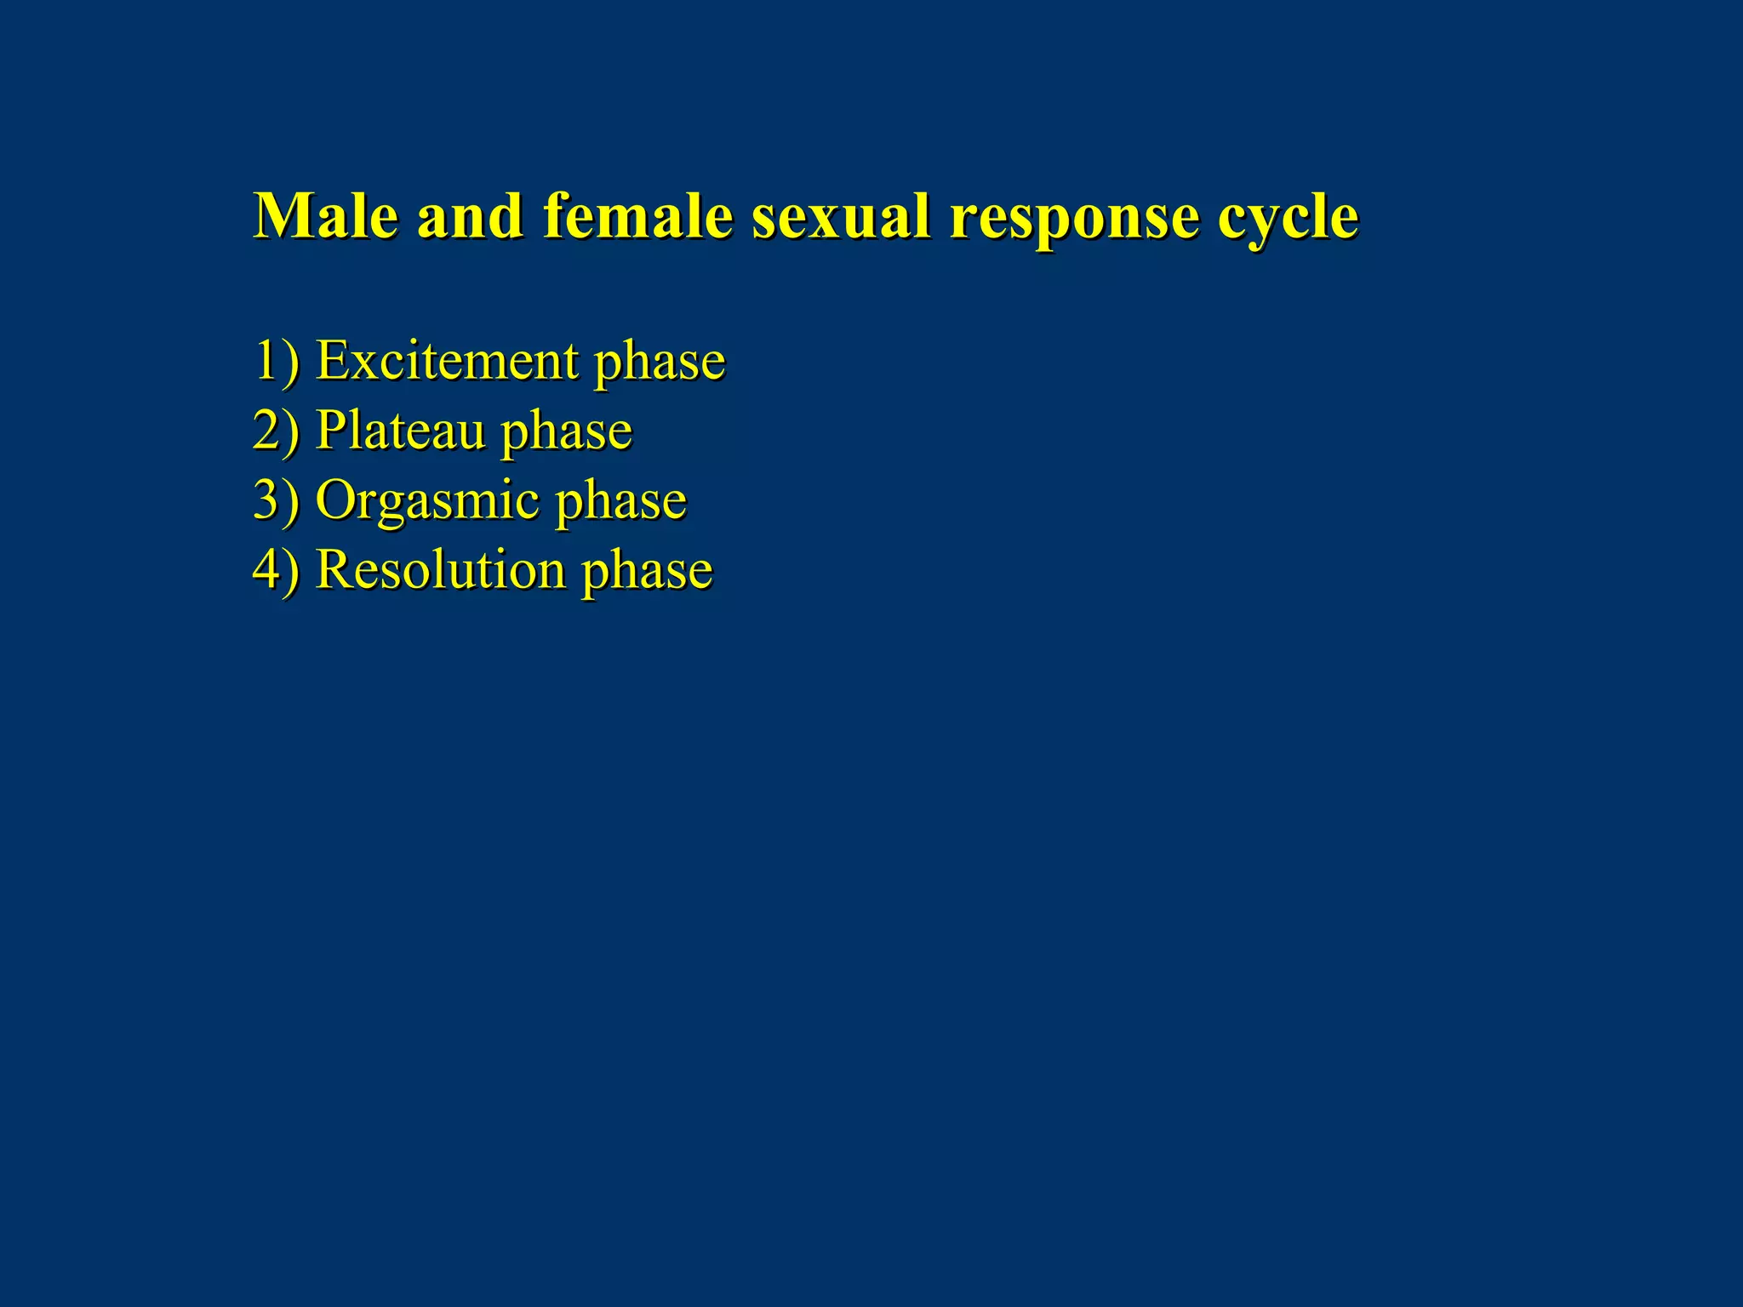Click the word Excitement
click(x=447, y=360)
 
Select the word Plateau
click(x=400, y=430)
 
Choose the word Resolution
click(x=441, y=569)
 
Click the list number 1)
click(x=277, y=360)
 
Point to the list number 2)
click(x=277, y=430)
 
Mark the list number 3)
click(x=277, y=499)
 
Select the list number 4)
click(x=277, y=569)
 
